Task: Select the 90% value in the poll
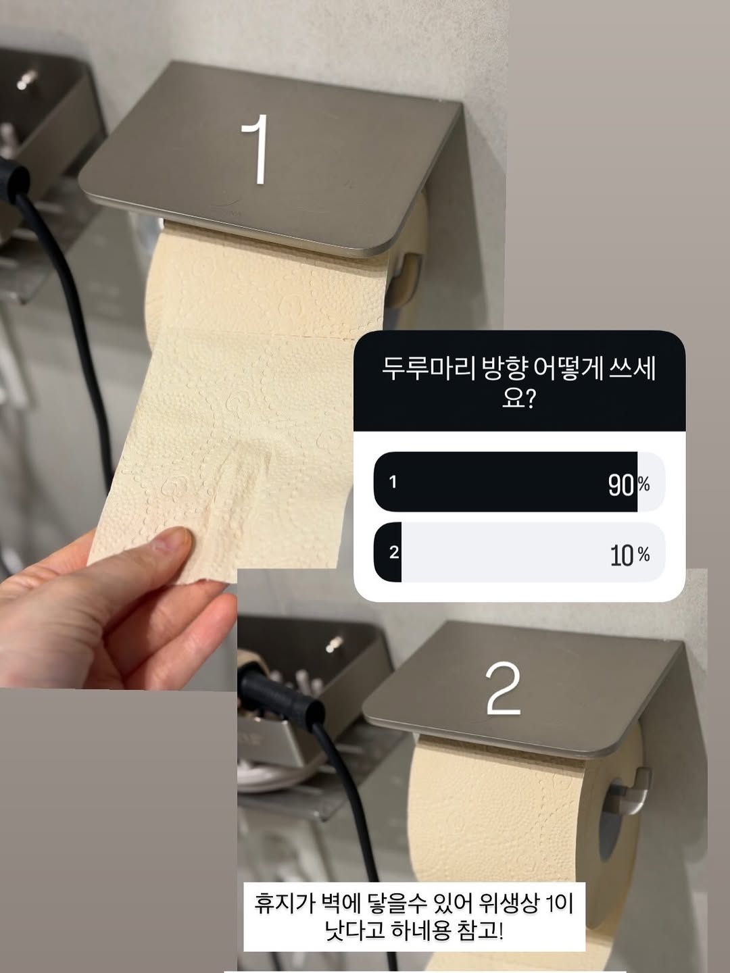coord(629,485)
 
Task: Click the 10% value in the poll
coord(629,555)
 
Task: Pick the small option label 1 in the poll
coord(393,482)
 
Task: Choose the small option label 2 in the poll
coord(393,552)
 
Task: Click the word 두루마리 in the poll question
coord(428,371)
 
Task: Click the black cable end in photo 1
coord(14,180)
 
